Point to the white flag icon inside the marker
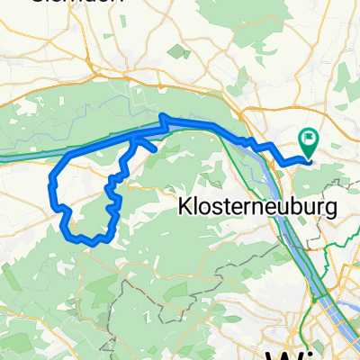click(310, 139)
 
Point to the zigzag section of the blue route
click(112, 193)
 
